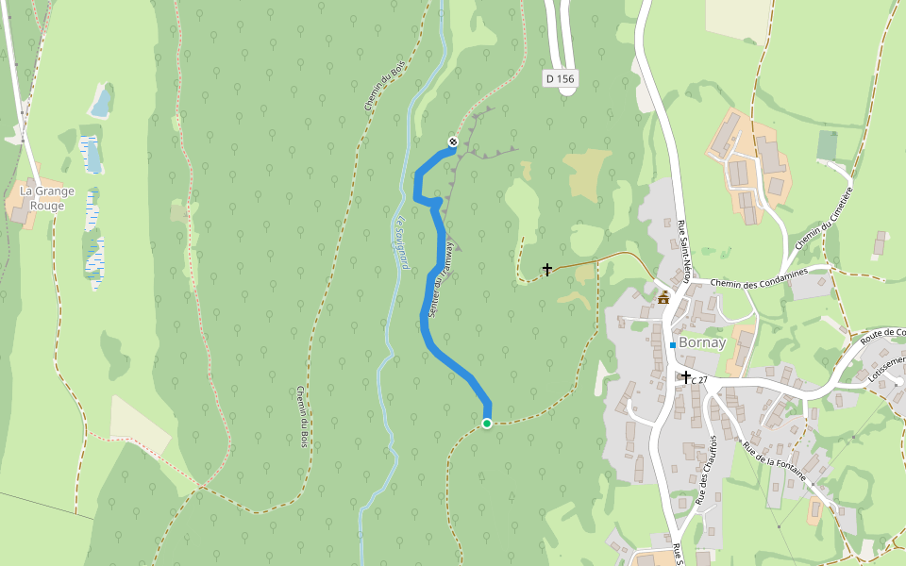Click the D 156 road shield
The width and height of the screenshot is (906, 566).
point(561,79)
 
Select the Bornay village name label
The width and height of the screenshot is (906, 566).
point(702,342)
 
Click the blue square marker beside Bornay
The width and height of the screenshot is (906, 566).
point(672,345)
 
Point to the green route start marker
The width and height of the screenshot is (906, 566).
point(487,424)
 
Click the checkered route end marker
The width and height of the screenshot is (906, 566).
point(453,141)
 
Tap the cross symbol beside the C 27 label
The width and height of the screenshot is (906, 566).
point(686,376)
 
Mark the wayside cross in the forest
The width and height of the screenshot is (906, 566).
point(546,270)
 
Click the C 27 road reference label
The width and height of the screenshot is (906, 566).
point(699,380)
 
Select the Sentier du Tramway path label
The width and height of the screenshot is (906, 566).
point(442,278)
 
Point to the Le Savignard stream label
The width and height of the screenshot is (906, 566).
point(401,244)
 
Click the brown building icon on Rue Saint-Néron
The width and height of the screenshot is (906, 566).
point(663,298)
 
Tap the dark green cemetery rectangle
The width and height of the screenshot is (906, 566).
point(827,145)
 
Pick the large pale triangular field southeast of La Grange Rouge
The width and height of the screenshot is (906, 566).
point(137,423)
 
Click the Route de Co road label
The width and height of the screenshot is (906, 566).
point(882,334)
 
